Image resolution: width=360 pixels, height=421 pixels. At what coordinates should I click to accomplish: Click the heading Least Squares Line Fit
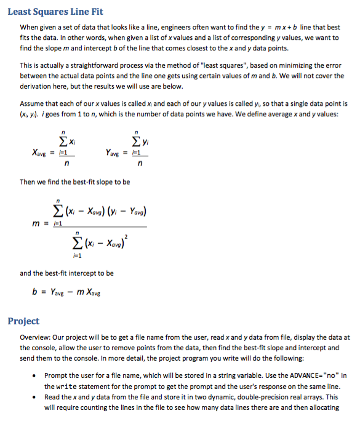coord(55,12)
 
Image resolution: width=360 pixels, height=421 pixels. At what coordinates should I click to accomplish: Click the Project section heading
coord(23,321)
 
